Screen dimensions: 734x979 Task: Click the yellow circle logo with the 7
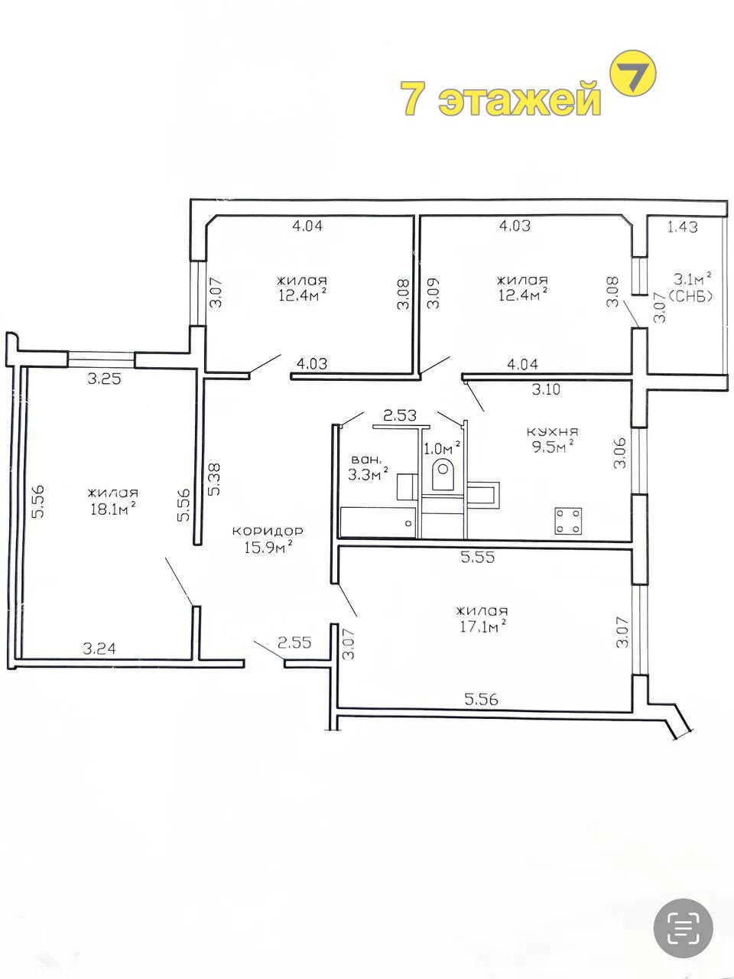coord(632,74)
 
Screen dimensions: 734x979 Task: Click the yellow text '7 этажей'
coord(501,98)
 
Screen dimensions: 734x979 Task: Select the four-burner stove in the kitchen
coord(568,521)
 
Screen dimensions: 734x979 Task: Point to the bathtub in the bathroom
coord(378,522)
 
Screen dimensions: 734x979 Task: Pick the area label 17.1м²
coord(483,626)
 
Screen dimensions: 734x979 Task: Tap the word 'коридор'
coord(268,532)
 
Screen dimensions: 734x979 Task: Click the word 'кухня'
coord(553,431)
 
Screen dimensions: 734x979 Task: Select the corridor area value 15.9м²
coord(268,547)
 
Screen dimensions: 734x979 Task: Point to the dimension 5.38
coord(214,480)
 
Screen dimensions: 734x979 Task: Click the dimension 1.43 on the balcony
coord(682,227)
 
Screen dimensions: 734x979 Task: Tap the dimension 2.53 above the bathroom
coord(400,415)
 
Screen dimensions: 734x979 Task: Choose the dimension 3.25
coord(104,379)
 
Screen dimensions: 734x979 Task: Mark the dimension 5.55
coord(478,557)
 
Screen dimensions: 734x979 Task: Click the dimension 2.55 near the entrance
coord(294,642)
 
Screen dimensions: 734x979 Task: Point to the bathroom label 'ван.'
coord(367,460)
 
